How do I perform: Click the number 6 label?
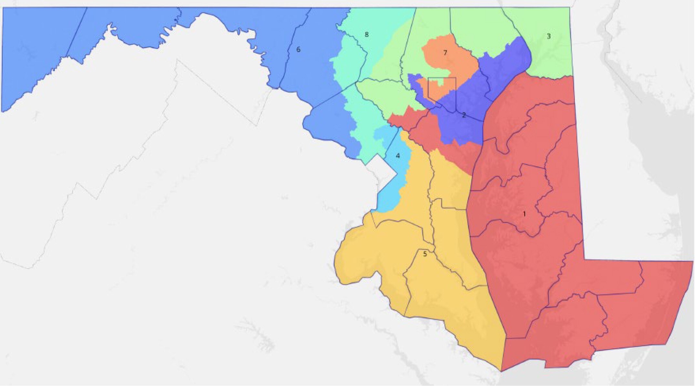tap(298, 50)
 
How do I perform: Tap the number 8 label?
tap(366, 35)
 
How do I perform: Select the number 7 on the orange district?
tap(445, 53)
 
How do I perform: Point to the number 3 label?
tap(549, 36)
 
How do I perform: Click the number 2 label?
tap(464, 115)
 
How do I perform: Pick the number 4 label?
tap(398, 156)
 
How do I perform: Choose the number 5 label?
tap(425, 254)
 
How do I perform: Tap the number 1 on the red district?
tap(524, 214)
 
